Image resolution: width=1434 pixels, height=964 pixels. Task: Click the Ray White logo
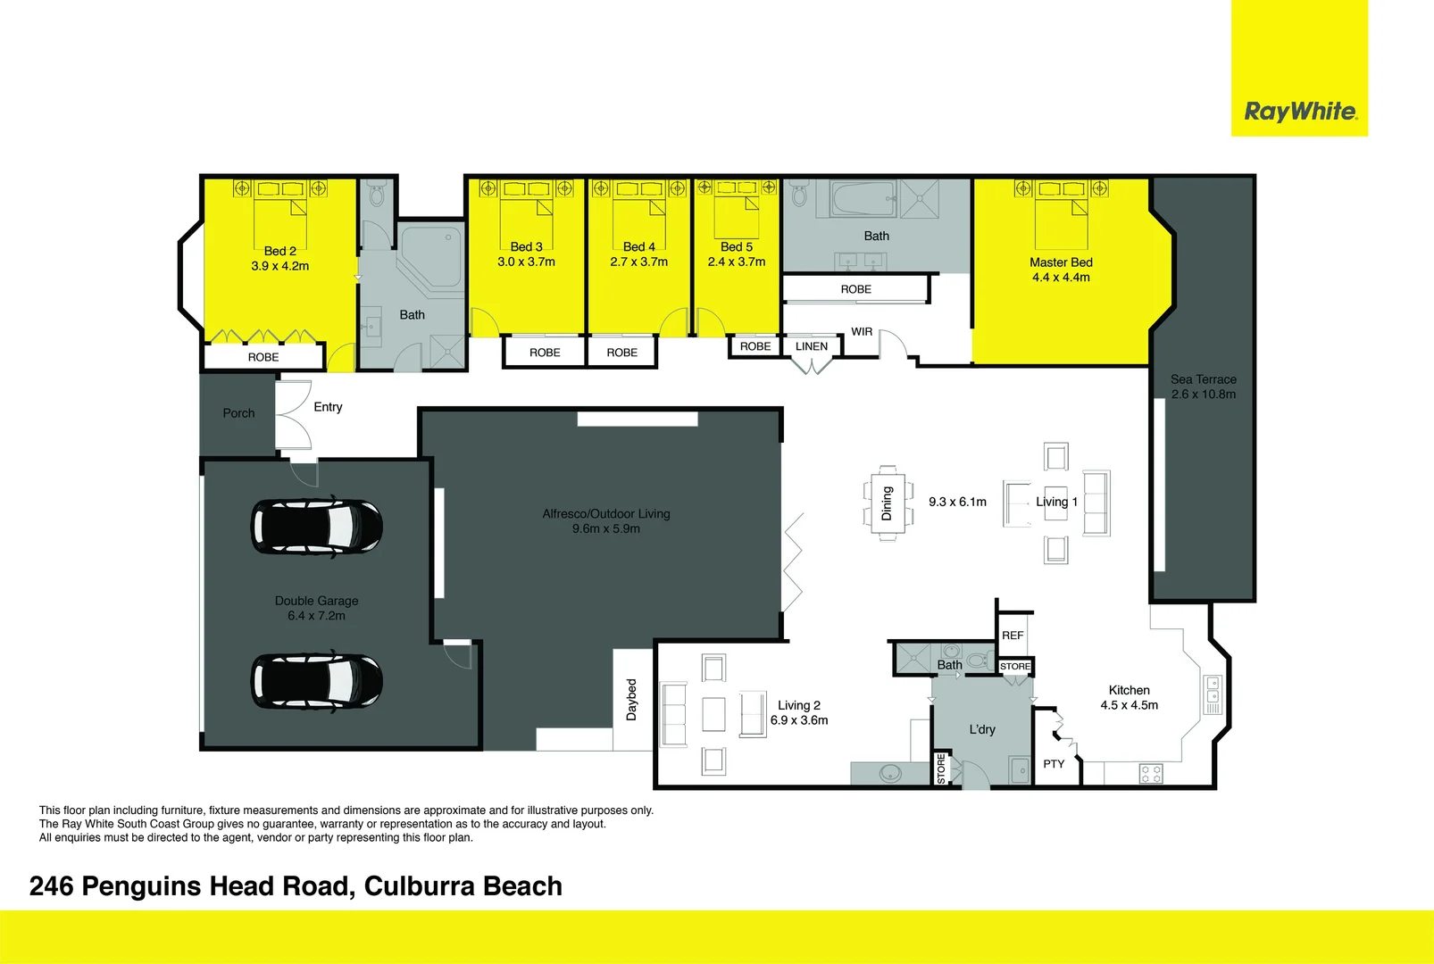[1299, 112]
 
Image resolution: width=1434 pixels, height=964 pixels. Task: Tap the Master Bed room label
[1061, 262]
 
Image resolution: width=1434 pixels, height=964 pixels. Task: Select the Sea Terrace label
[1203, 379]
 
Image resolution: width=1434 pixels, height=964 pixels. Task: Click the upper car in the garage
[317, 526]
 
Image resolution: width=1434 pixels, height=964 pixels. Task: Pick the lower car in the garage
[317, 682]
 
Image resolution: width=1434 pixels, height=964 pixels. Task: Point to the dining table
[888, 503]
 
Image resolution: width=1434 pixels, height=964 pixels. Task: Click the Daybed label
[631, 700]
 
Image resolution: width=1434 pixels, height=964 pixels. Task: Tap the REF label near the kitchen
[1013, 636]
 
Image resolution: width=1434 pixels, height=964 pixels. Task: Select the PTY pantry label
[1054, 764]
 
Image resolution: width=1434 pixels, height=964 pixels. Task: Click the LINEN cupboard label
[811, 346]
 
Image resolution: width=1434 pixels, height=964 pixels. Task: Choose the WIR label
[862, 332]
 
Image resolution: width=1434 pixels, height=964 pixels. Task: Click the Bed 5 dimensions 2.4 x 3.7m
[737, 262]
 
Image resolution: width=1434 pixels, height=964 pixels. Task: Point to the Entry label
[328, 407]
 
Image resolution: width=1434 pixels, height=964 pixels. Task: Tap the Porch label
[238, 413]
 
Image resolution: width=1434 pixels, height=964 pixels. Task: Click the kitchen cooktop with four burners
[1151, 774]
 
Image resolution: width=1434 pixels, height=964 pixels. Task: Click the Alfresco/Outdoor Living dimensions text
[606, 529]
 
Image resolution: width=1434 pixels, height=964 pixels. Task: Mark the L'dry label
[982, 729]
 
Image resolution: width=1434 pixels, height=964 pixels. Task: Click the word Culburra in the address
[420, 886]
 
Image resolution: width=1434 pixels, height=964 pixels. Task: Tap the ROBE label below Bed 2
[263, 357]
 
